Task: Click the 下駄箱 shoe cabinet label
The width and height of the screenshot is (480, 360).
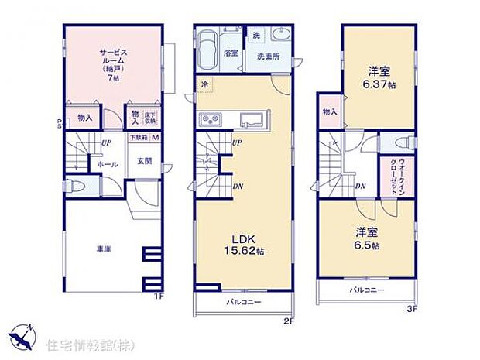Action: point(137,139)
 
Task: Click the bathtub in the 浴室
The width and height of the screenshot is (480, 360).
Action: point(206,50)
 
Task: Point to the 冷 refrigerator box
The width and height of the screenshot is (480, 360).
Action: point(204,84)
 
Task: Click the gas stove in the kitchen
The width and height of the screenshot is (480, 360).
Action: point(211,120)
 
